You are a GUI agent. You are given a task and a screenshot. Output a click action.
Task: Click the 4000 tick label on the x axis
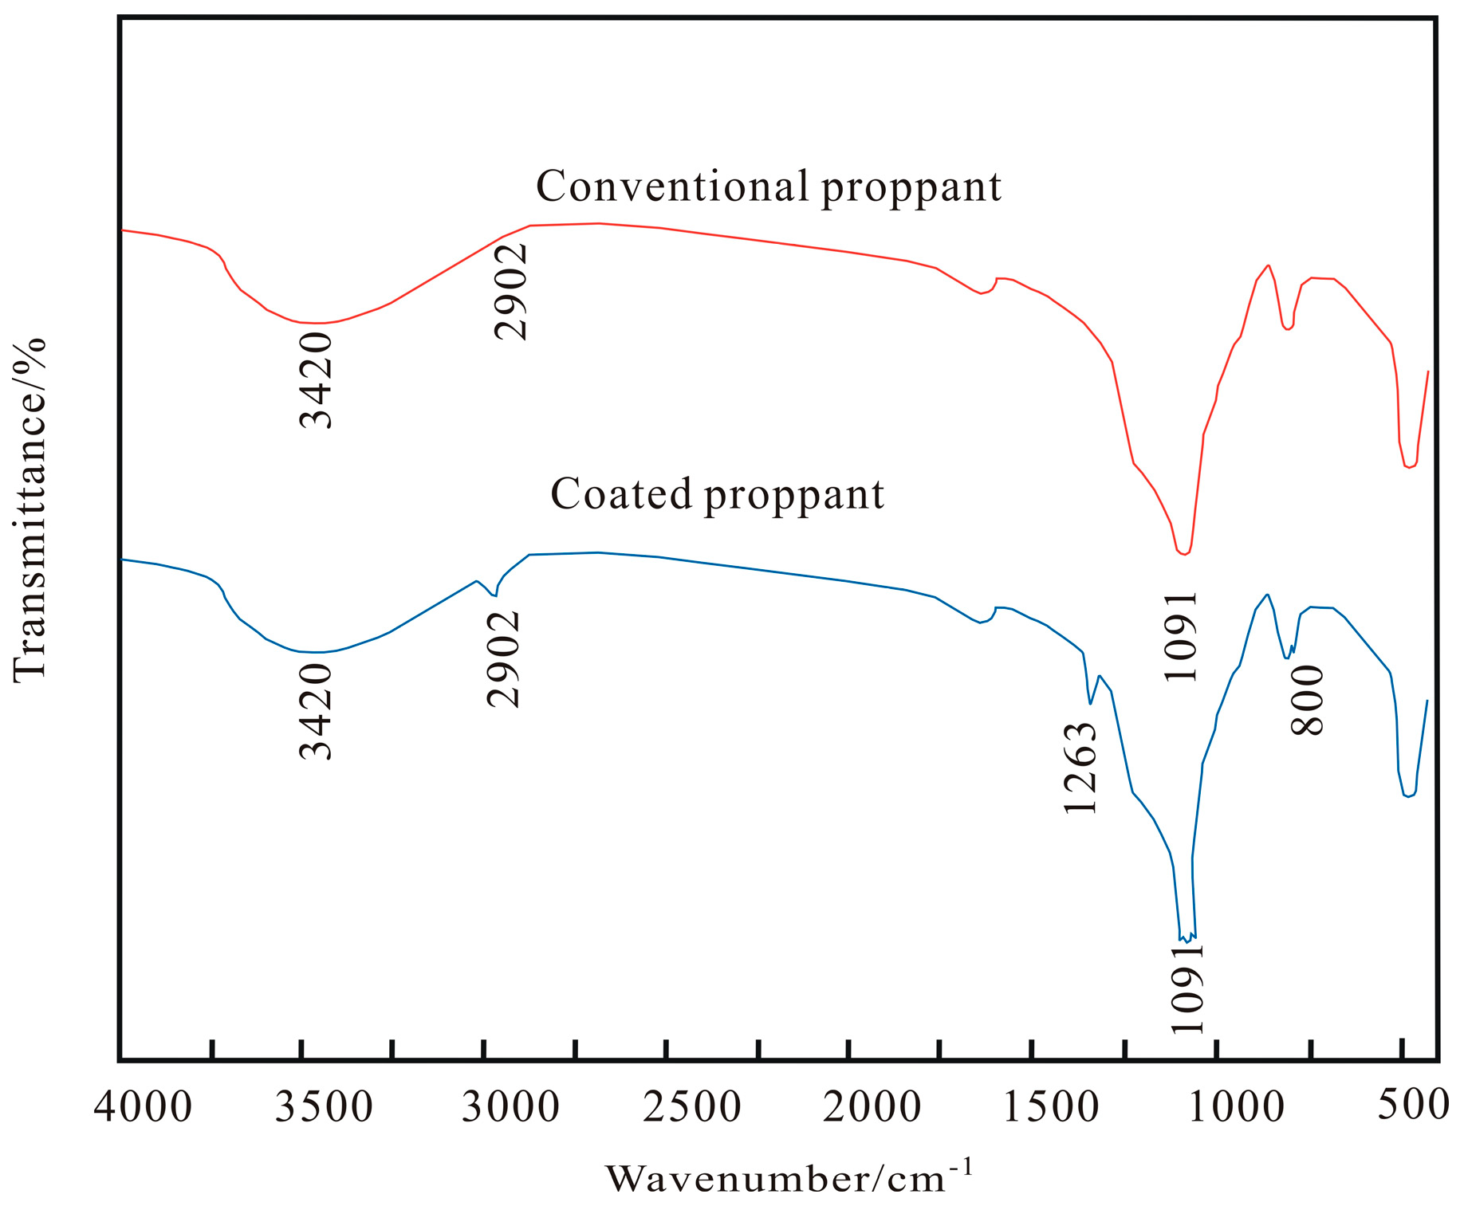click(143, 1107)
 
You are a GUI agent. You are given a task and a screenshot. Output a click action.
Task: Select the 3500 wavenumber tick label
click(324, 1107)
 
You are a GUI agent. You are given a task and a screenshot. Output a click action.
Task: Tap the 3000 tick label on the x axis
click(510, 1107)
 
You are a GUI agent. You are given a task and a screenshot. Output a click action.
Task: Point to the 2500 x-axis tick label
click(692, 1107)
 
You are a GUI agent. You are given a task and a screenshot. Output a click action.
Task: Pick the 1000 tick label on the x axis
click(1236, 1107)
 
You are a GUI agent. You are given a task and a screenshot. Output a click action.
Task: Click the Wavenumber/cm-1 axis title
click(789, 1177)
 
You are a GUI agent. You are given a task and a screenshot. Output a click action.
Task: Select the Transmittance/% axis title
click(30, 509)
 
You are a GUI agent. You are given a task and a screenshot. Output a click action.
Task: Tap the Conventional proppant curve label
click(768, 187)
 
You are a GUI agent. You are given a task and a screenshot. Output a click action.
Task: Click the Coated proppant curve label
click(717, 494)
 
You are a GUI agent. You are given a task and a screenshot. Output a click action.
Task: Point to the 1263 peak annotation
click(1081, 768)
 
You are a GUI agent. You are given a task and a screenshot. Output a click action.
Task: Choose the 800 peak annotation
click(1307, 701)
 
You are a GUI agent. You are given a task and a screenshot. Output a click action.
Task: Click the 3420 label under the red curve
click(316, 380)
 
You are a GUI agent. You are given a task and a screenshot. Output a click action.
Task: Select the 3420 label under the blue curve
click(316, 711)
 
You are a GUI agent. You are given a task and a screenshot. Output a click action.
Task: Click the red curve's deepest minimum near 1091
click(1184, 554)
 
